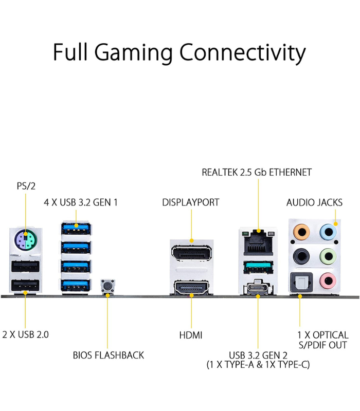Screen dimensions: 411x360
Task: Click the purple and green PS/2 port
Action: pyautogui.click(x=25, y=239)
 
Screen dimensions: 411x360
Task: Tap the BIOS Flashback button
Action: pyautogui.click(x=107, y=286)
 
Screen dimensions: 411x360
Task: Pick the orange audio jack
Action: pyautogui.click(x=300, y=231)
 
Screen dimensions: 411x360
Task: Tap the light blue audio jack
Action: pyautogui.click(x=327, y=231)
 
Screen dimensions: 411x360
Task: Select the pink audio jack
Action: pyautogui.click(x=327, y=281)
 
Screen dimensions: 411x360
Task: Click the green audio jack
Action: pyautogui.click(x=327, y=255)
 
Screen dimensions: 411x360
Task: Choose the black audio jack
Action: pyautogui.click(x=300, y=255)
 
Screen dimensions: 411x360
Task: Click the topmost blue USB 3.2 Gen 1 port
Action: pyautogui.click(x=76, y=226)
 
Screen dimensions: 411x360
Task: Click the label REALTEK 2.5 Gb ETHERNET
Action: pyautogui.click(x=257, y=172)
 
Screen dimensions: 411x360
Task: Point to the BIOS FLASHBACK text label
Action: pyautogui.click(x=108, y=355)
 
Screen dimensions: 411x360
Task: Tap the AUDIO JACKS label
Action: pyautogui.click(x=314, y=202)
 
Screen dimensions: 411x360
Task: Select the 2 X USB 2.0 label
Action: pyautogui.click(x=25, y=334)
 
